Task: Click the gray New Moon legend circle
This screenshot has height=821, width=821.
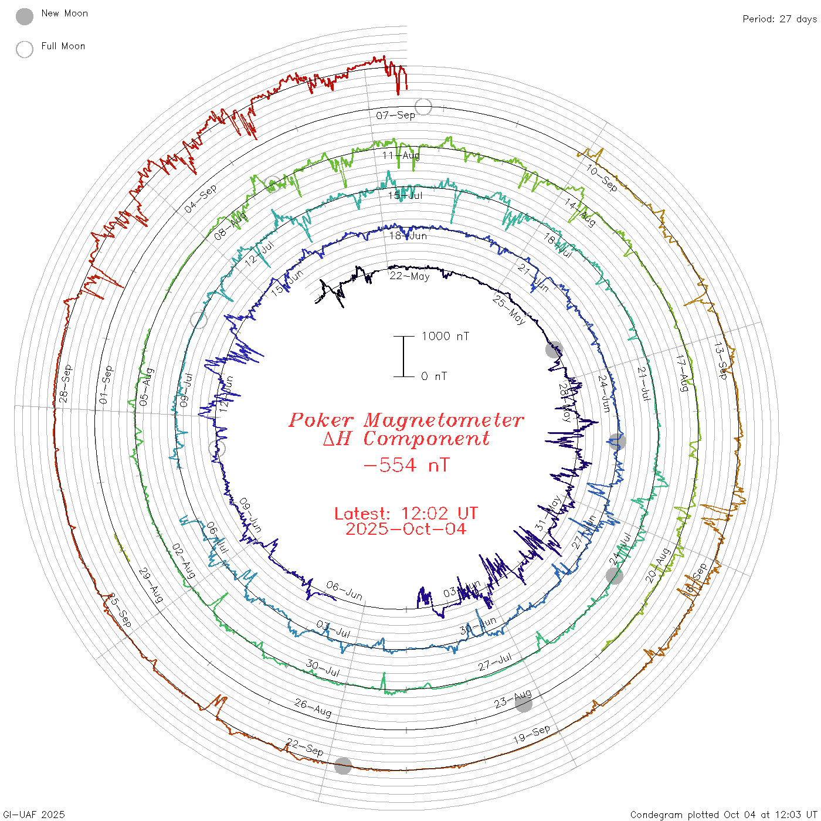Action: pos(25,16)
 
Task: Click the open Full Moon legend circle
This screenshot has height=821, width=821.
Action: pos(25,49)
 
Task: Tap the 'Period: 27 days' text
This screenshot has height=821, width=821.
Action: pos(779,19)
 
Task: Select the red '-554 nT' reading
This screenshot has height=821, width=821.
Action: pos(406,465)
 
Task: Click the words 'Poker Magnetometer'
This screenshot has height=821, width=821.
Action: pos(406,420)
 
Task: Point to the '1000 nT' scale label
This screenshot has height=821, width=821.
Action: pos(445,336)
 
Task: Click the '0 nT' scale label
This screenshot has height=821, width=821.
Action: pos(434,376)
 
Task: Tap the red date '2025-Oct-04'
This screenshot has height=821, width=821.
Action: pos(406,529)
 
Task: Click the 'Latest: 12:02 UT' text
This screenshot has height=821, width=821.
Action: pos(406,514)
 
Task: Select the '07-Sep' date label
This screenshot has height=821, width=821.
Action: pos(396,115)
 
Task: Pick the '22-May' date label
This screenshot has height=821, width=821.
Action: pos(409,276)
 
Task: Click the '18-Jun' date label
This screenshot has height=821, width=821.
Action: pos(408,236)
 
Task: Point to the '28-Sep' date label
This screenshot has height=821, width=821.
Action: pos(65,384)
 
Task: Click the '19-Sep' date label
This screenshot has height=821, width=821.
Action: pos(532,734)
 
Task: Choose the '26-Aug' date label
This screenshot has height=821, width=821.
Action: pos(313,707)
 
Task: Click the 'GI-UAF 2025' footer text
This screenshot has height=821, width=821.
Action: pos(34,815)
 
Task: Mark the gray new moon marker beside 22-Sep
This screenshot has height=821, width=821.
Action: pos(343,765)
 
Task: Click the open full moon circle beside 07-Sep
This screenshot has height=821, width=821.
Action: pos(423,107)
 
